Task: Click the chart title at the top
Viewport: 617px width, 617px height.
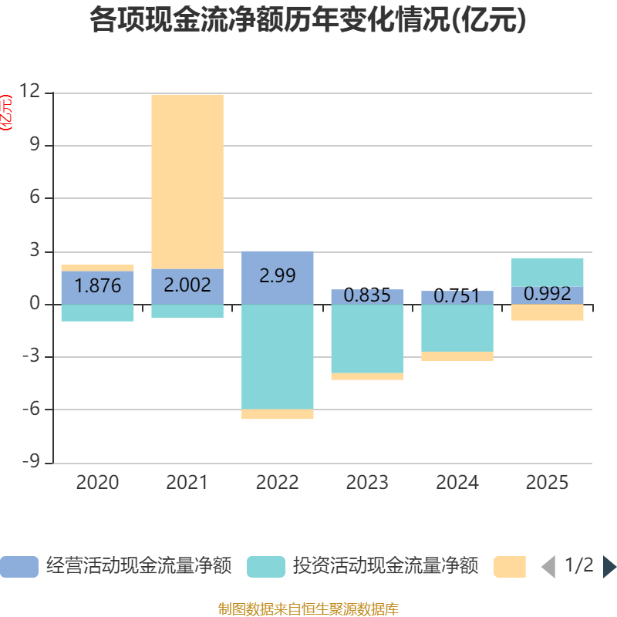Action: click(308, 20)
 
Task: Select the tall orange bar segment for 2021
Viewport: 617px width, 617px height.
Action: click(187, 181)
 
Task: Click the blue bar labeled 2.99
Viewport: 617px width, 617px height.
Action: click(278, 276)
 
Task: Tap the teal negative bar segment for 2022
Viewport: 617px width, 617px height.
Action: click(278, 356)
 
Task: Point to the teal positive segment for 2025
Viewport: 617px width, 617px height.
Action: click(548, 271)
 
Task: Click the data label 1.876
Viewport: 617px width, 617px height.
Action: click(98, 286)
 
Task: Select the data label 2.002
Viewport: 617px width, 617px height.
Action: click(187, 285)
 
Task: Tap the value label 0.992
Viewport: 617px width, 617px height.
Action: click(548, 294)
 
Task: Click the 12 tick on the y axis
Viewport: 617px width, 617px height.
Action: click(30, 92)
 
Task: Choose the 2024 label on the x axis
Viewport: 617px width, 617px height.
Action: click(457, 483)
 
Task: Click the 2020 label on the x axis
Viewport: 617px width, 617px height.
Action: click(98, 483)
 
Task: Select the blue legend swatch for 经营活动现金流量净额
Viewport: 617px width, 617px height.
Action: click(19, 567)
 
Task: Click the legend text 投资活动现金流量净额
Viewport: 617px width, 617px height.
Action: click(386, 567)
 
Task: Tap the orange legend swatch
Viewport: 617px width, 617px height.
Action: click(510, 567)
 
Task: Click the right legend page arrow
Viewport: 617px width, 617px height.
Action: click(609, 567)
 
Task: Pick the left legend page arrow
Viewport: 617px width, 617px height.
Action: click(548, 567)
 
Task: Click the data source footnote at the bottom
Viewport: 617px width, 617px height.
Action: click(308, 609)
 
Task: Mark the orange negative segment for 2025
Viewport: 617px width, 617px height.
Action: click(548, 312)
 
